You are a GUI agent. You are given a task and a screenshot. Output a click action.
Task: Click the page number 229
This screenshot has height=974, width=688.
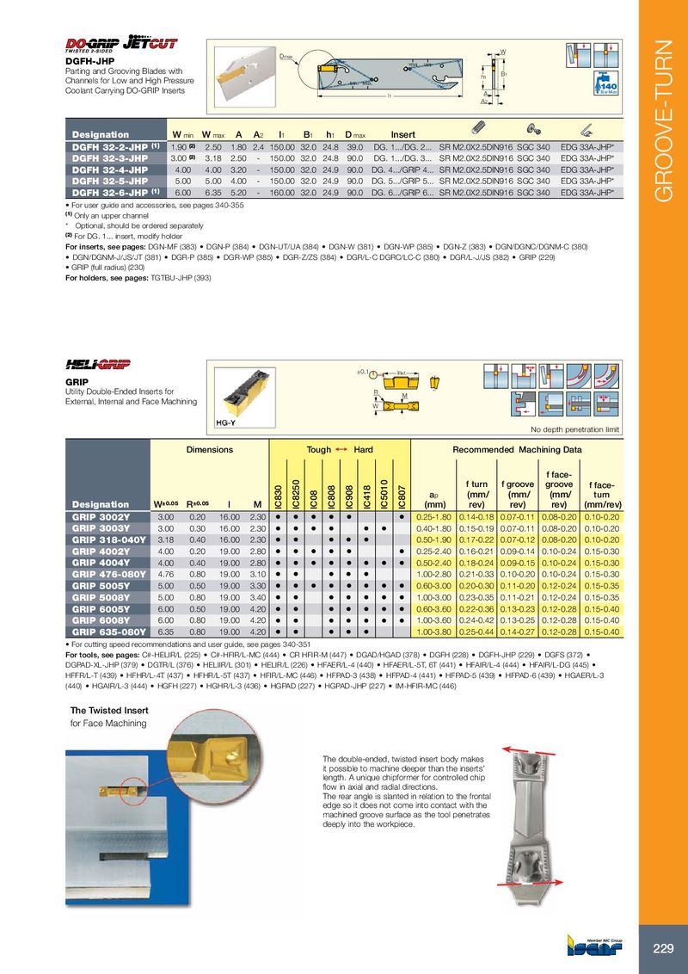(662, 948)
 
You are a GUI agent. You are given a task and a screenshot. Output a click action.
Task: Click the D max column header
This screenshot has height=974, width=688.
(353, 135)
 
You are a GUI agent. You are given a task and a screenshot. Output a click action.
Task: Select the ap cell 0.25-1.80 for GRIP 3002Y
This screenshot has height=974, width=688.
(433, 516)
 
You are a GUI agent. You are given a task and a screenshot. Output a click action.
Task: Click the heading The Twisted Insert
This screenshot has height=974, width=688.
(109, 710)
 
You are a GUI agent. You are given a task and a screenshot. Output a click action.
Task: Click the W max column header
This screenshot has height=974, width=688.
(212, 135)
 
